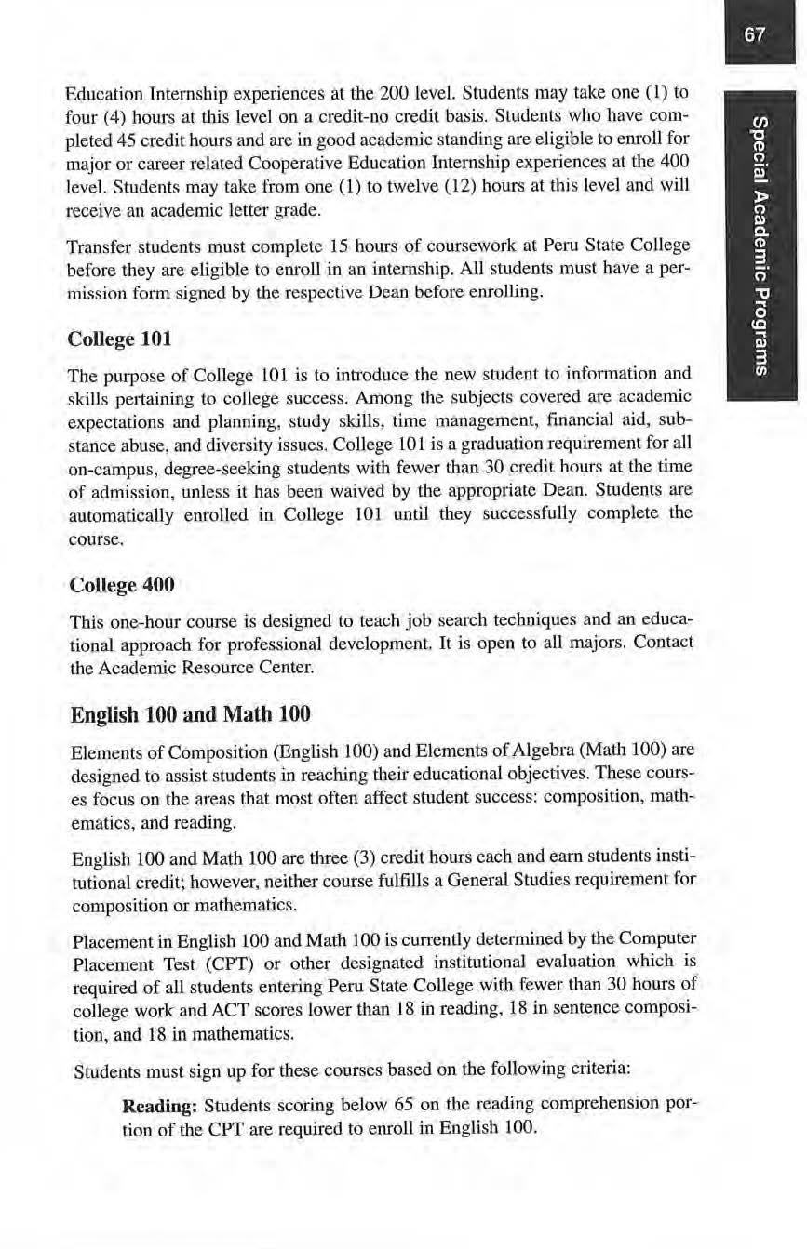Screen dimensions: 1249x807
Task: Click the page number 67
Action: (x=755, y=35)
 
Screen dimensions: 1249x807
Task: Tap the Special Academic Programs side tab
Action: (x=760, y=246)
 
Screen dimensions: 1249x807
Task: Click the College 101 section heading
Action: (x=120, y=339)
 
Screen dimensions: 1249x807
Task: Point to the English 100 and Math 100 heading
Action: (x=190, y=715)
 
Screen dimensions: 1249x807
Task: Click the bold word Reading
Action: (x=159, y=1106)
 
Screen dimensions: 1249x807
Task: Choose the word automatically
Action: (x=115, y=513)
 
